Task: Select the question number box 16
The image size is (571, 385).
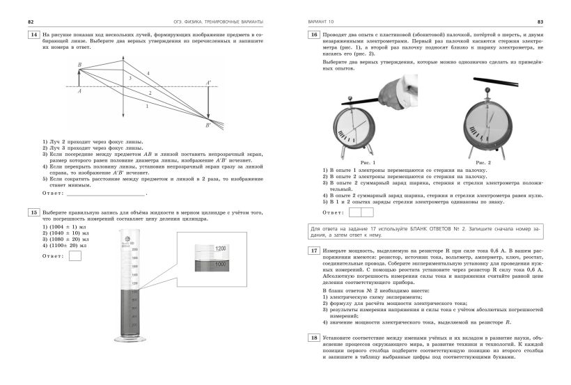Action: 313,33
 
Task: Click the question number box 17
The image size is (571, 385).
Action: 313,250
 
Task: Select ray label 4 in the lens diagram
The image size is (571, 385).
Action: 148,73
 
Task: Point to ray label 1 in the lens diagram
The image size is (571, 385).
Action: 146,107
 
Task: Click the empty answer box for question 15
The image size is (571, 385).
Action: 75,256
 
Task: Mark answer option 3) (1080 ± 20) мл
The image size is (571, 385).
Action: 63,239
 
